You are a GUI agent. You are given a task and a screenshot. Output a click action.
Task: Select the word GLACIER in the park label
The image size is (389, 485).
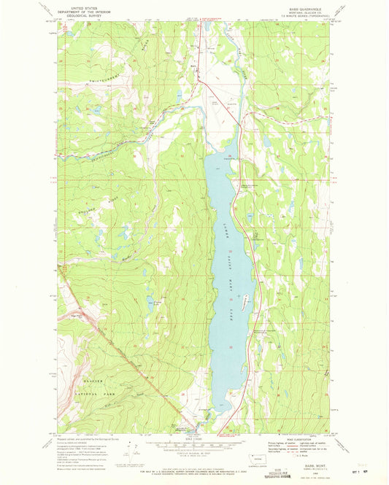(x=93, y=383)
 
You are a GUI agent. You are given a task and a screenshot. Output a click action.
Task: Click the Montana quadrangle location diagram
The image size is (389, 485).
(x=253, y=458)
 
